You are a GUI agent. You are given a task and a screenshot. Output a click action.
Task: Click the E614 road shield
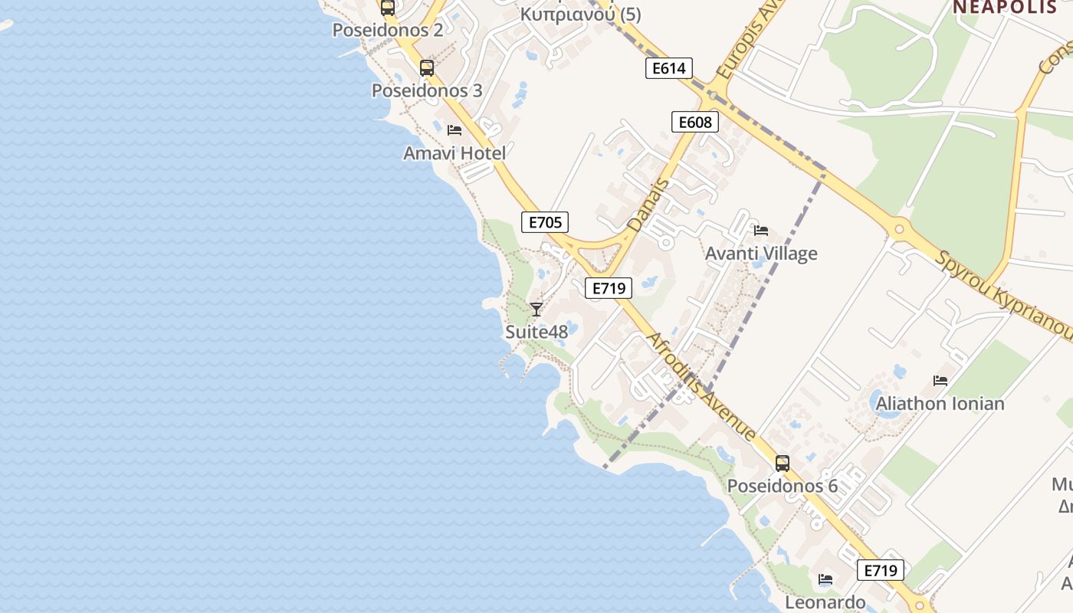tap(669, 68)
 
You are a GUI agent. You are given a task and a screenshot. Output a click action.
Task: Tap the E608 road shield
tap(695, 122)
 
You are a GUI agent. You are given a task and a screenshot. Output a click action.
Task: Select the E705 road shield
tap(545, 222)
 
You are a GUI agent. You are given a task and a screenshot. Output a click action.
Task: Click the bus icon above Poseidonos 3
tap(427, 67)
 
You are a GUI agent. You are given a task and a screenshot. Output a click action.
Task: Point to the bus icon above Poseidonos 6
tap(782, 463)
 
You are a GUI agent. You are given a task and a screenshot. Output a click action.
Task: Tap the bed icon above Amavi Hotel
tap(454, 129)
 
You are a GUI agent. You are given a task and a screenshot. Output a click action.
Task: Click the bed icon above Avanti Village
tap(761, 230)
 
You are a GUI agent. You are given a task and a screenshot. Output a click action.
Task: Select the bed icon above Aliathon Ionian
tap(940, 380)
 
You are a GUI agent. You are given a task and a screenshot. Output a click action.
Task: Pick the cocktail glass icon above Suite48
tap(536, 309)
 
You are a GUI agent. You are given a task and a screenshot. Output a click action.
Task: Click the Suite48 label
tap(536, 332)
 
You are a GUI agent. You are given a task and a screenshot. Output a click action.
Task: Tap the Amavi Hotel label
tap(454, 153)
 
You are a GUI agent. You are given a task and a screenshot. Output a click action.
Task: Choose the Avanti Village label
tap(761, 254)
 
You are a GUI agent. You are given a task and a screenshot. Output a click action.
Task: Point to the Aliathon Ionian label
tap(940, 404)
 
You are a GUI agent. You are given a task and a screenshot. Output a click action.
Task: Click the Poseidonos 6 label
tap(782, 487)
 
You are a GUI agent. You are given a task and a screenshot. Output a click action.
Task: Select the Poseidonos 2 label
tap(388, 30)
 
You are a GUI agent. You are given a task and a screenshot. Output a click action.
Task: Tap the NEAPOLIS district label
tap(1005, 7)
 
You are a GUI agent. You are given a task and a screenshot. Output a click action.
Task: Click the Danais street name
tap(648, 205)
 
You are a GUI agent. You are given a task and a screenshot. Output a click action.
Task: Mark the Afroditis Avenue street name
tap(701, 387)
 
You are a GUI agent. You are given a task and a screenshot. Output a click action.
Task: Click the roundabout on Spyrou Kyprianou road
tap(898, 228)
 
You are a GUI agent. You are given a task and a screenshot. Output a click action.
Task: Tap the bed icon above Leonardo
tap(825, 579)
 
